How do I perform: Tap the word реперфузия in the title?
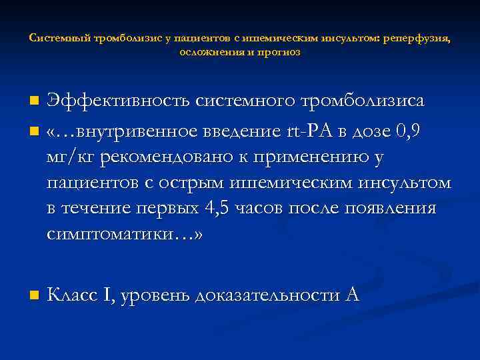pyautogui.click(x=415, y=39)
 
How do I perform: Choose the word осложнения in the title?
pyautogui.click(x=209, y=51)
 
